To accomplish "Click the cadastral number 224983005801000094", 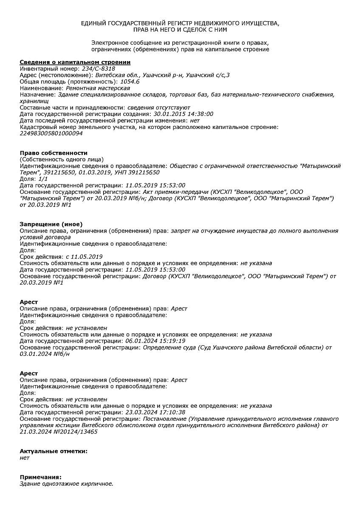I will click(x=51, y=133).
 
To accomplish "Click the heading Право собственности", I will click(x=53, y=153).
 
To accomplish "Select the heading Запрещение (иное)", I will click(x=51, y=224).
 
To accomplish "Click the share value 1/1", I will click(x=42, y=179).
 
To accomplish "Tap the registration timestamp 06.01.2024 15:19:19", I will click(x=156, y=341).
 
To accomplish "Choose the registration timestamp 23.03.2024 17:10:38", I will click(x=156, y=412).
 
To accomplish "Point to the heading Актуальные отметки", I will click(x=53, y=451).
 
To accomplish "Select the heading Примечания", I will click(x=40, y=477).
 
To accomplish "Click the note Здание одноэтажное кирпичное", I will click(x=67, y=484).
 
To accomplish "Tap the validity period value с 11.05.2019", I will click(x=84, y=257).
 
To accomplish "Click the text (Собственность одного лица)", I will click(x=62, y=159).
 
